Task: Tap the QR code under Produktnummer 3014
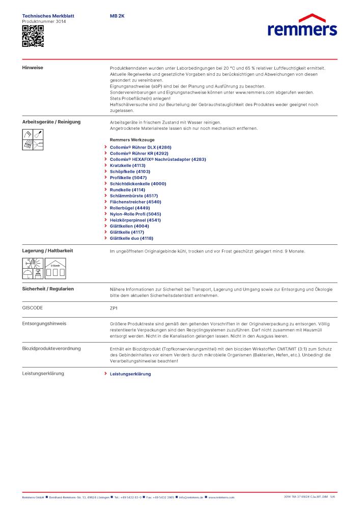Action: coord(33,36)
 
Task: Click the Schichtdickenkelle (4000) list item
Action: coord(138,183)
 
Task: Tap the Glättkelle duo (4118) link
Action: coord(131,238)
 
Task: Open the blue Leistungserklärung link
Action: coord(130,374)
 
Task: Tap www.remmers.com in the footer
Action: coord(221,497)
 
